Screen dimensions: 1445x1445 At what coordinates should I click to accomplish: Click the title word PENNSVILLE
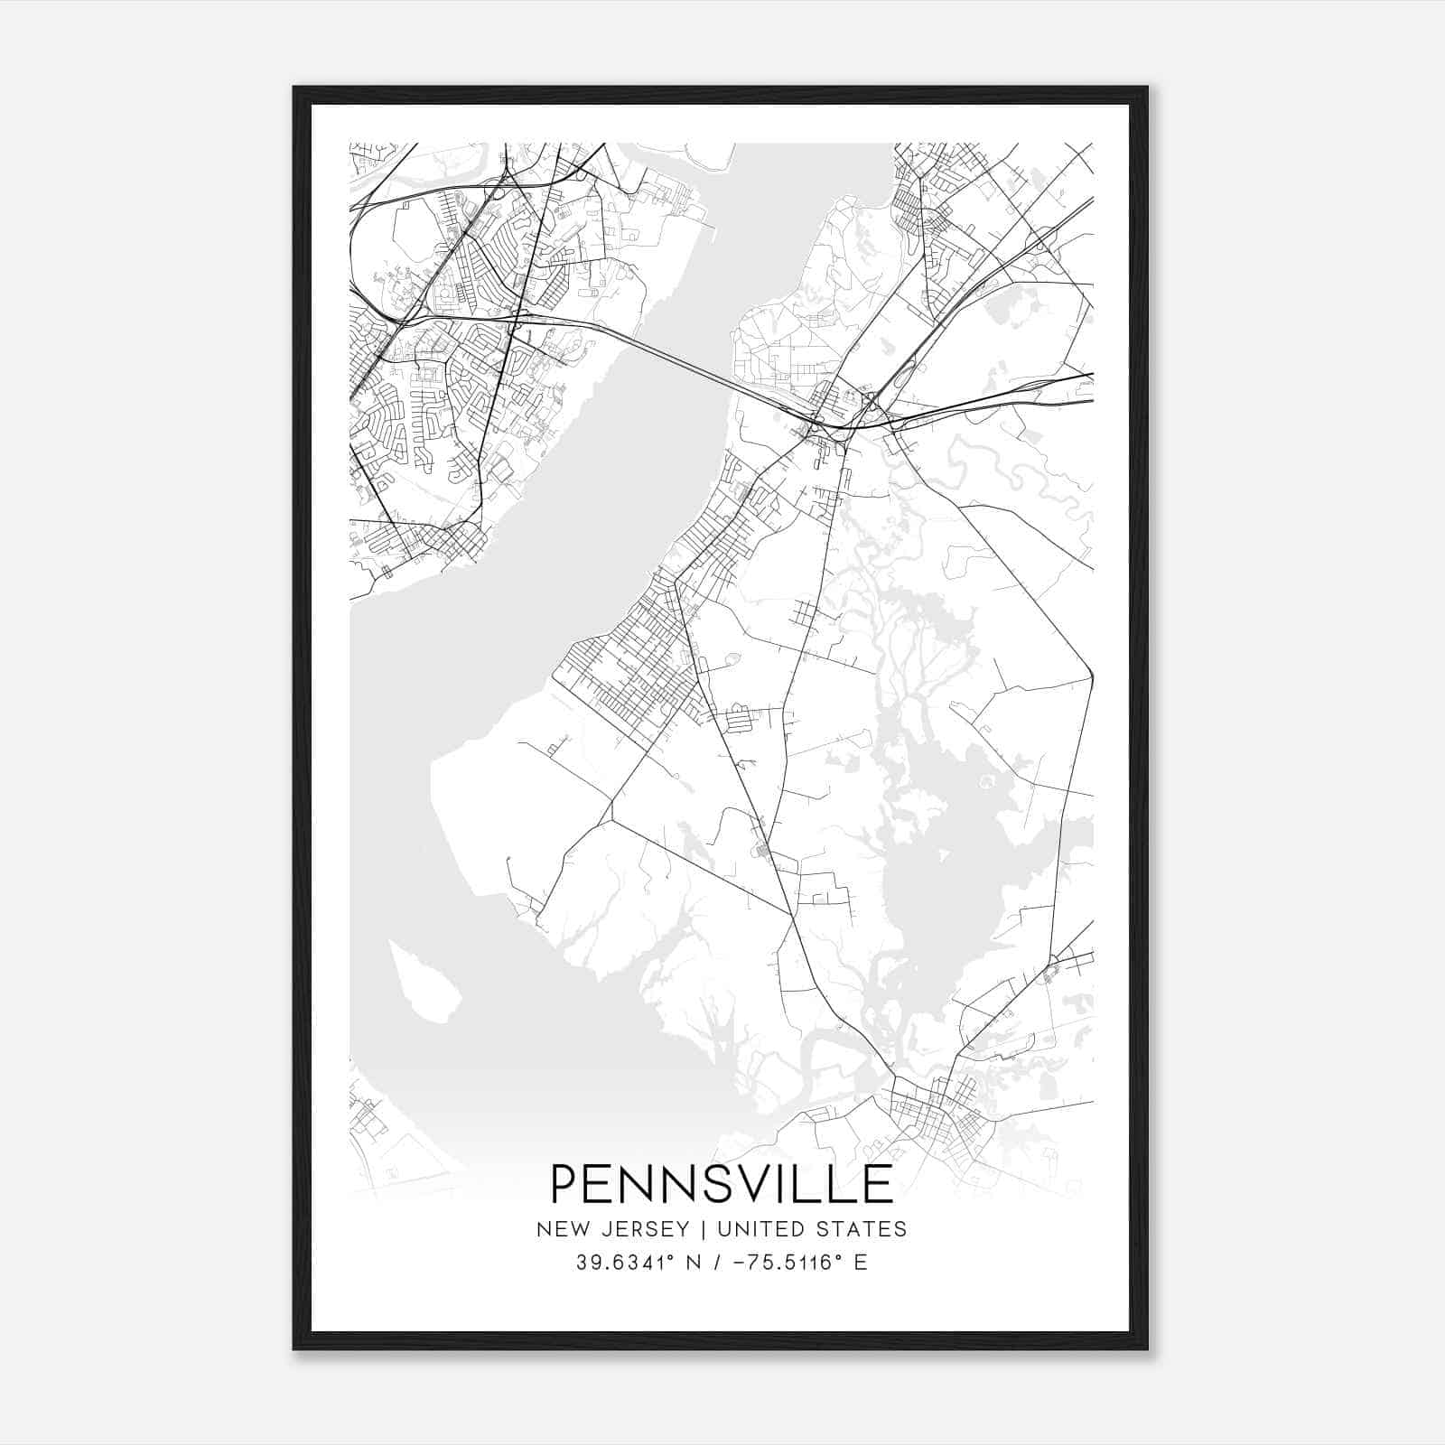[x=722, y=1184]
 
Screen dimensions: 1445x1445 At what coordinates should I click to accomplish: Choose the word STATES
[x=865, y=1229]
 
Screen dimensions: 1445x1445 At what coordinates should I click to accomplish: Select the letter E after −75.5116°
[x=860, y=1263]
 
